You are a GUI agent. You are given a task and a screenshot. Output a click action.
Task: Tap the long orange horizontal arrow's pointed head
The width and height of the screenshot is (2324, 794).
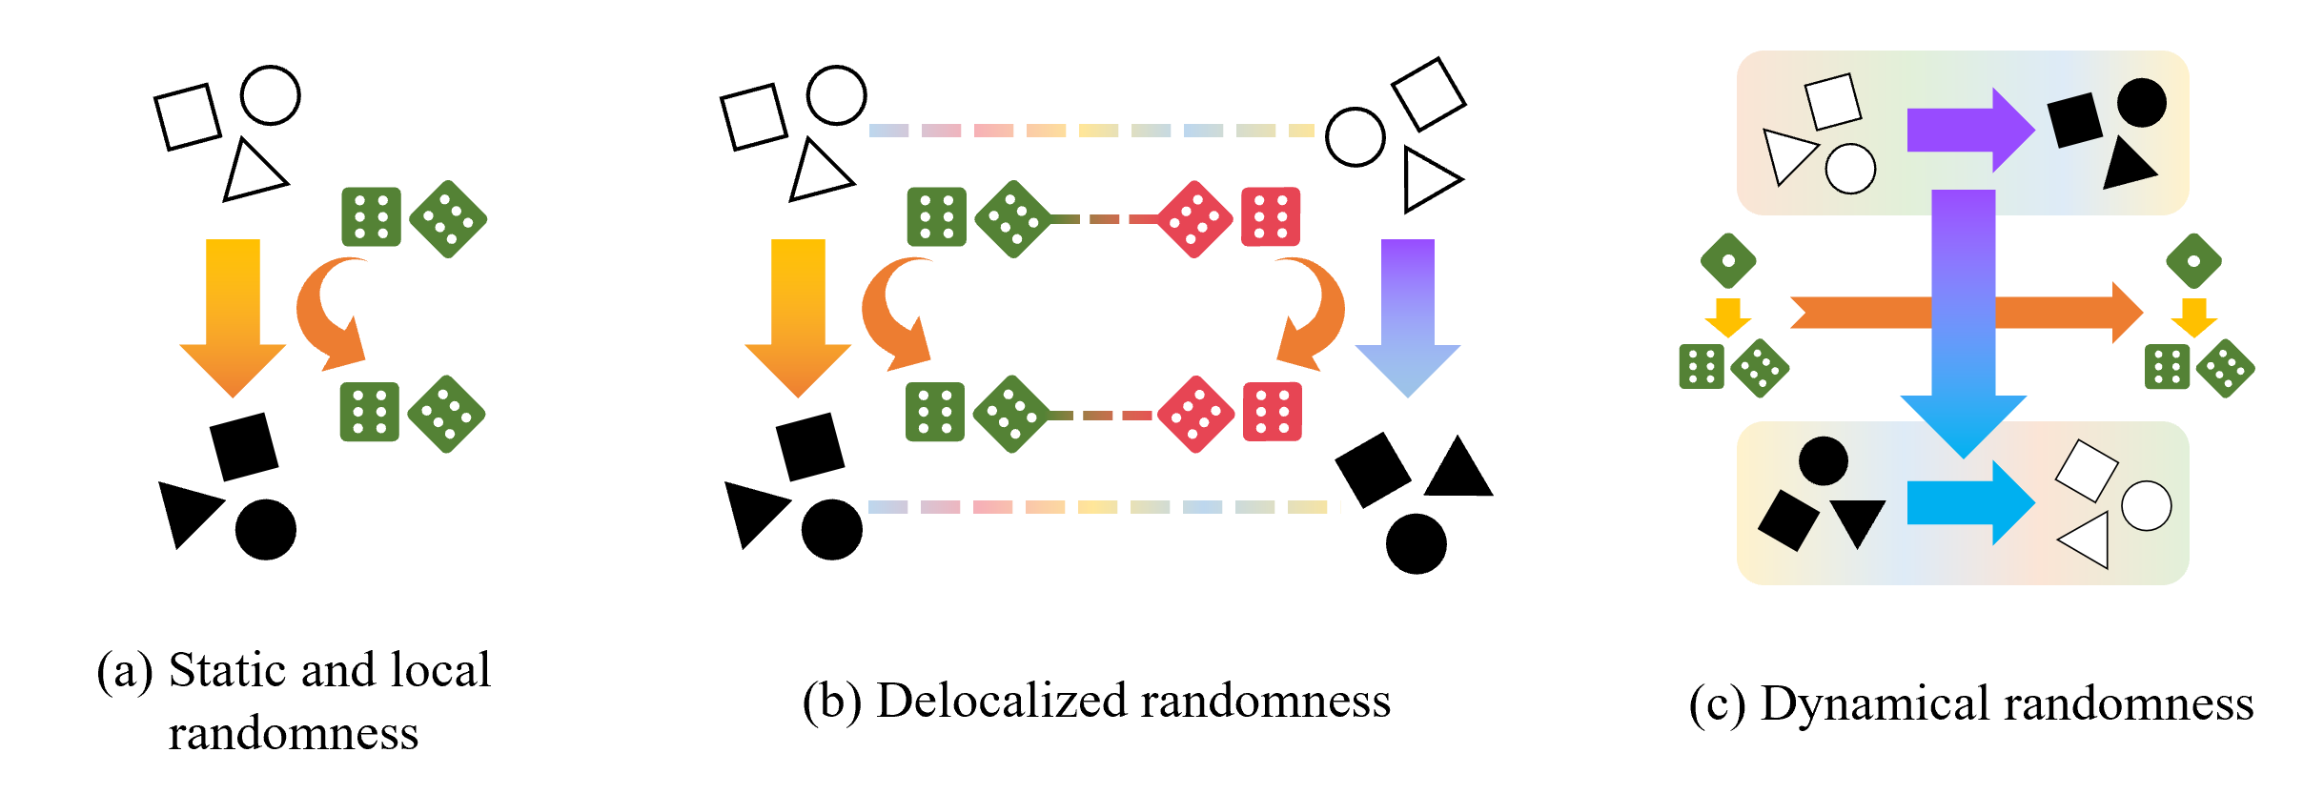point(2128,313)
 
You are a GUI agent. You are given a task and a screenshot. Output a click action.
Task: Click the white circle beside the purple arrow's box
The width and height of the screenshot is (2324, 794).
point(1850,169)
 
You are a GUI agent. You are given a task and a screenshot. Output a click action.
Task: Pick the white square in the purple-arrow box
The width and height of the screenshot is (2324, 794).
point(1833,101)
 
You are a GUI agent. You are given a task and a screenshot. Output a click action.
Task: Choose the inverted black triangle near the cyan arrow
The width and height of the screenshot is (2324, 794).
point(1857,519)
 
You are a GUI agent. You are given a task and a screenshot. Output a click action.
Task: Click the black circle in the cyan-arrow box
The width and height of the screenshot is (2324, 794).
point(1824,461)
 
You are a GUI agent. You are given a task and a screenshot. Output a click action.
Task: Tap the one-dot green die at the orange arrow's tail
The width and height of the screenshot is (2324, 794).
point(1728,260)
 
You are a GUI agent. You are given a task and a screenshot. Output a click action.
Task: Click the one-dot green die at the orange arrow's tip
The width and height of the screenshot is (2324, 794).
point(2193,260)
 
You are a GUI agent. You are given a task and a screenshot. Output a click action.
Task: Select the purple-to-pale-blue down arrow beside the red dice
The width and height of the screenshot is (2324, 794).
point(1408,317)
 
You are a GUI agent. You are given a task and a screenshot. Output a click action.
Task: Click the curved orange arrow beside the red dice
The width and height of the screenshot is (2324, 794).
point(1314,313)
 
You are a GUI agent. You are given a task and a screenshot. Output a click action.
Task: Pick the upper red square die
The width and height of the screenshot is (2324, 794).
point(1271,217)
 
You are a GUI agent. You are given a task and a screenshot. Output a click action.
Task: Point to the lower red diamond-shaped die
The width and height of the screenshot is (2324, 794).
point(1195,414)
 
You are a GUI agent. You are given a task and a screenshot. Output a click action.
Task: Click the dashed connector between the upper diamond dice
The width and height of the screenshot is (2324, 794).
point(1104,219)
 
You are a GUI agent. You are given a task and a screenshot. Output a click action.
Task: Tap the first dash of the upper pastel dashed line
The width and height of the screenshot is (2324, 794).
point(888,131)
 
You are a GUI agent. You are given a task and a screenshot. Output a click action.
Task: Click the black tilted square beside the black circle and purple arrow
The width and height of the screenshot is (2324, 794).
point(2074,120)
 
